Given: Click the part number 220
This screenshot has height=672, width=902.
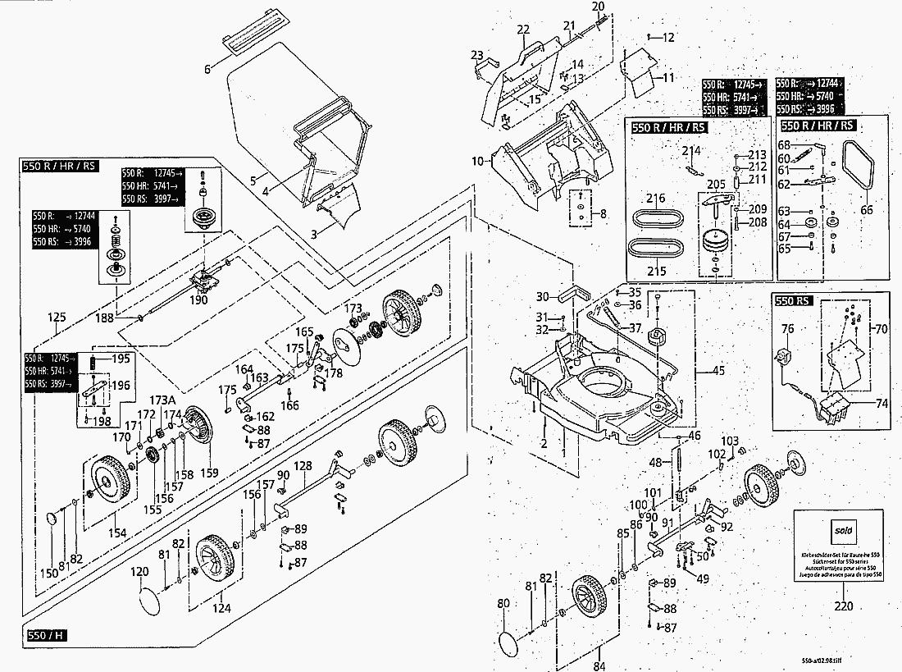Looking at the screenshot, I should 843,607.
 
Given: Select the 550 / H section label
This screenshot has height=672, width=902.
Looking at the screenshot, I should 47,636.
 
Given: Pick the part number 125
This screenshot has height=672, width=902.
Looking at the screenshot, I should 56,318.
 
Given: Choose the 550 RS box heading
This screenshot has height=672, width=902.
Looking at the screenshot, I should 793,301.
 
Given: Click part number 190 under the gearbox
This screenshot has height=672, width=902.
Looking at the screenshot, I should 198,299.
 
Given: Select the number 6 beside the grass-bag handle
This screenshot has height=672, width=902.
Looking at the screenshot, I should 207,69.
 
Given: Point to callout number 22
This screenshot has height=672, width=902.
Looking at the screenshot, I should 524,30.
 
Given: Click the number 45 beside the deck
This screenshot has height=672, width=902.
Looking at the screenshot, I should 718,370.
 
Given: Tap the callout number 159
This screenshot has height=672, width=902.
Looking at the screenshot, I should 211,473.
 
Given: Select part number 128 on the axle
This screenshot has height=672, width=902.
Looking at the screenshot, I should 303,466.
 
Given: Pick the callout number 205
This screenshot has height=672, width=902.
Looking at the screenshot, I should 716,184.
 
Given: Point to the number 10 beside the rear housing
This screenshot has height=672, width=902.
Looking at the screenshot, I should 478,161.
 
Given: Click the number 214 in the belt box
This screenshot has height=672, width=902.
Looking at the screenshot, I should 691,150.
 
